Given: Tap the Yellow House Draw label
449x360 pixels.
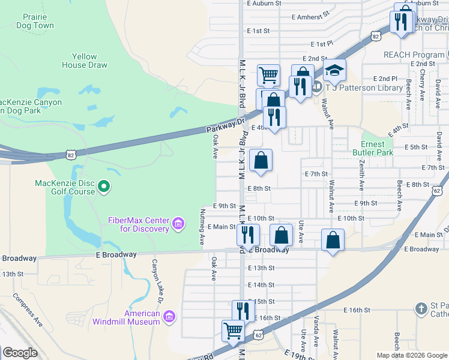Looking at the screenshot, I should point(84,61).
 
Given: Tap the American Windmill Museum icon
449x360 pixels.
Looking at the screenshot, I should point(169,316).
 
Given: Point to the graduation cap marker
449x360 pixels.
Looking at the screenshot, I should point(334,71).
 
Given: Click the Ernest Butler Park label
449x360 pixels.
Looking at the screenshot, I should point(376,148).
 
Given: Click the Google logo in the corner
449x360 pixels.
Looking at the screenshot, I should point(20,353).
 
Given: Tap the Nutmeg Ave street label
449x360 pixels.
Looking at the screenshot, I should point(202,227).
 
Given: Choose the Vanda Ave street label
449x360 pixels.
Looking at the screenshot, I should point(316,329).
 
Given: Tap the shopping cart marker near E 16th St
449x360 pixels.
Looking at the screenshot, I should point(233,330).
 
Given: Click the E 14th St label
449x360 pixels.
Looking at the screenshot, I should point(264,284).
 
